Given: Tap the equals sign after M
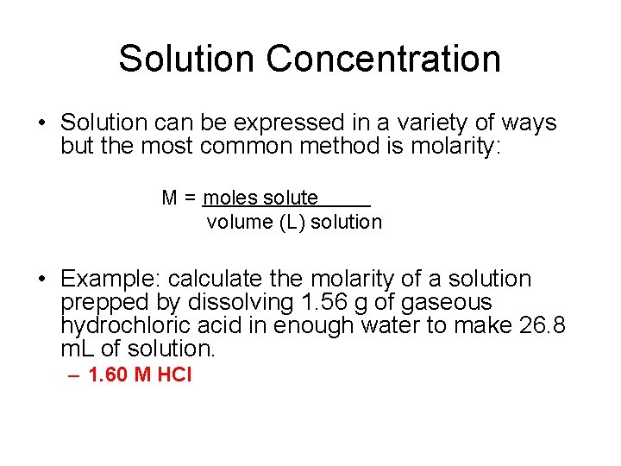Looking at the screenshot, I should tap(190, 198).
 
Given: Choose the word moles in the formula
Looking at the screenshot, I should tap(230, 198).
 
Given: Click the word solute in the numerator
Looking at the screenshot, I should tap(291, 198).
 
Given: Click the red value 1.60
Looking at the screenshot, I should tap(110, 375).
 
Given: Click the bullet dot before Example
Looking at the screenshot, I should tap(41, 280).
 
